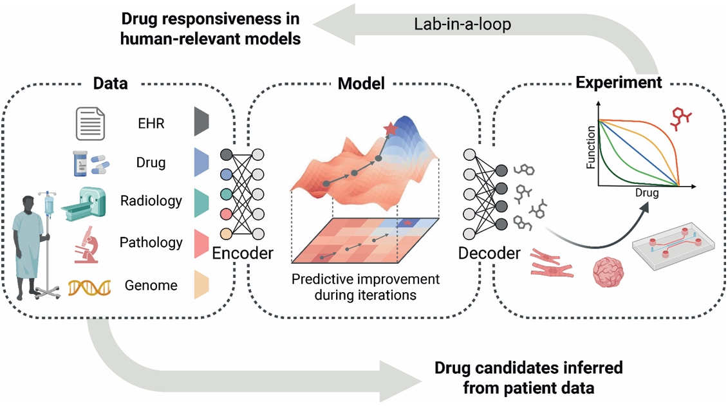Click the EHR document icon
90,124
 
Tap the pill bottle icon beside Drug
80,163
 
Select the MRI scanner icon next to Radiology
84,204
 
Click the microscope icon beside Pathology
86,244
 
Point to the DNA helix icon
89,288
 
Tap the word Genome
151,285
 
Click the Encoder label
243,253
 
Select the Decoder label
489,253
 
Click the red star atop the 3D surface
391,129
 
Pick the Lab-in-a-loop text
462,24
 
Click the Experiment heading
619,82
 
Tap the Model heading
361,84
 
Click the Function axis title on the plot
590,147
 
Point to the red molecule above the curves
681,118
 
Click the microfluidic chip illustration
674,245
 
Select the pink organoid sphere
608,272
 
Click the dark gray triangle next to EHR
201,121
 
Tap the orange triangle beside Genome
201,284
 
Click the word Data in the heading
111,84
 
